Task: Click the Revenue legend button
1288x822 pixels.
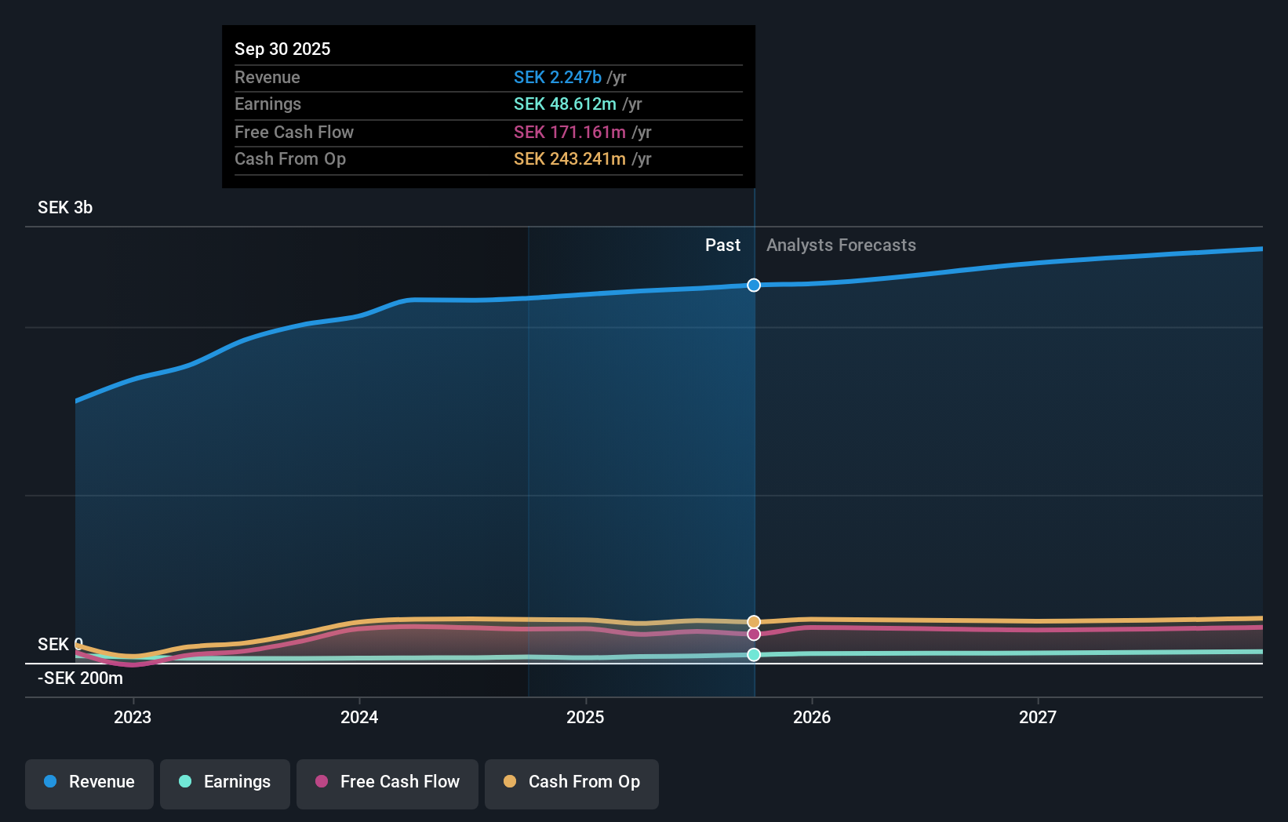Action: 89,783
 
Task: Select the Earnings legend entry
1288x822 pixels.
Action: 225,783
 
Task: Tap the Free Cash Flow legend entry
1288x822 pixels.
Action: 387,783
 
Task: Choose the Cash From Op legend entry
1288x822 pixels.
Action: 572,783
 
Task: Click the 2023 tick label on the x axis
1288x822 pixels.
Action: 133,717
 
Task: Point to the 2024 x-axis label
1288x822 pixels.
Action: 359,717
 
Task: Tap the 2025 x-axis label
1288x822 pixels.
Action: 585,717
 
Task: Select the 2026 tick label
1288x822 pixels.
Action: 811,717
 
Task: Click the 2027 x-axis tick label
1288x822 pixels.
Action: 1037,717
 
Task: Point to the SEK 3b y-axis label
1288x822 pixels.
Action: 65,208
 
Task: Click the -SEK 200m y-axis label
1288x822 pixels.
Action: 80,678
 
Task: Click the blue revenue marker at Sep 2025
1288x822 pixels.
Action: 754,285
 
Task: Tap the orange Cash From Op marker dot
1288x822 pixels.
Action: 754,622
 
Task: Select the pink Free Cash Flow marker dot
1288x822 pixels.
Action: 754,634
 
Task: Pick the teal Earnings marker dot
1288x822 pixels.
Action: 754,655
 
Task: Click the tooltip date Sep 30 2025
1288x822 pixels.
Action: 282,49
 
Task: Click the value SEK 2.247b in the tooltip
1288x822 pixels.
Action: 557,77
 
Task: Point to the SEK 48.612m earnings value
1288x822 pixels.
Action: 565,104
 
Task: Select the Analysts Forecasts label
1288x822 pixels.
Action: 841,246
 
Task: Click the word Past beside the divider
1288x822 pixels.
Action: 722,246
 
